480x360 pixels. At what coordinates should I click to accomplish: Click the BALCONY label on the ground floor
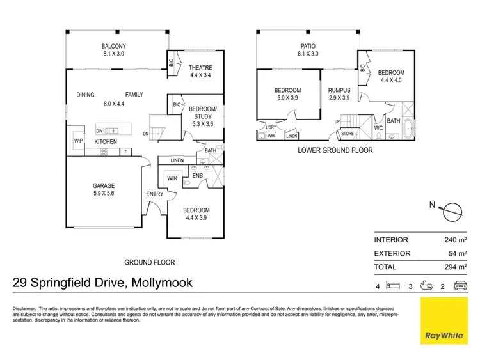point(113,46)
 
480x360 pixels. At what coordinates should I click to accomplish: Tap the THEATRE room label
point(200,68)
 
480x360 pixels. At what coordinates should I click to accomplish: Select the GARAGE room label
point(103,186)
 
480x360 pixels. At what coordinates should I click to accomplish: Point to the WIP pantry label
point(79,141)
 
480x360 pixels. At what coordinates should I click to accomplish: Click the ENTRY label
point(154,194)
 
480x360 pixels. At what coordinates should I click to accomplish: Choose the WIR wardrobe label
point(172,178)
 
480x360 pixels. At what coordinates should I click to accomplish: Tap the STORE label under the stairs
point(347,134)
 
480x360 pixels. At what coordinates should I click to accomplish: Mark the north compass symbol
point(452,209)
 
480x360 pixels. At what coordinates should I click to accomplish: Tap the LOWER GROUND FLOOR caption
point(336,151)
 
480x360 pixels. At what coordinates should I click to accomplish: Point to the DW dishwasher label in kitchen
point(100,130)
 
